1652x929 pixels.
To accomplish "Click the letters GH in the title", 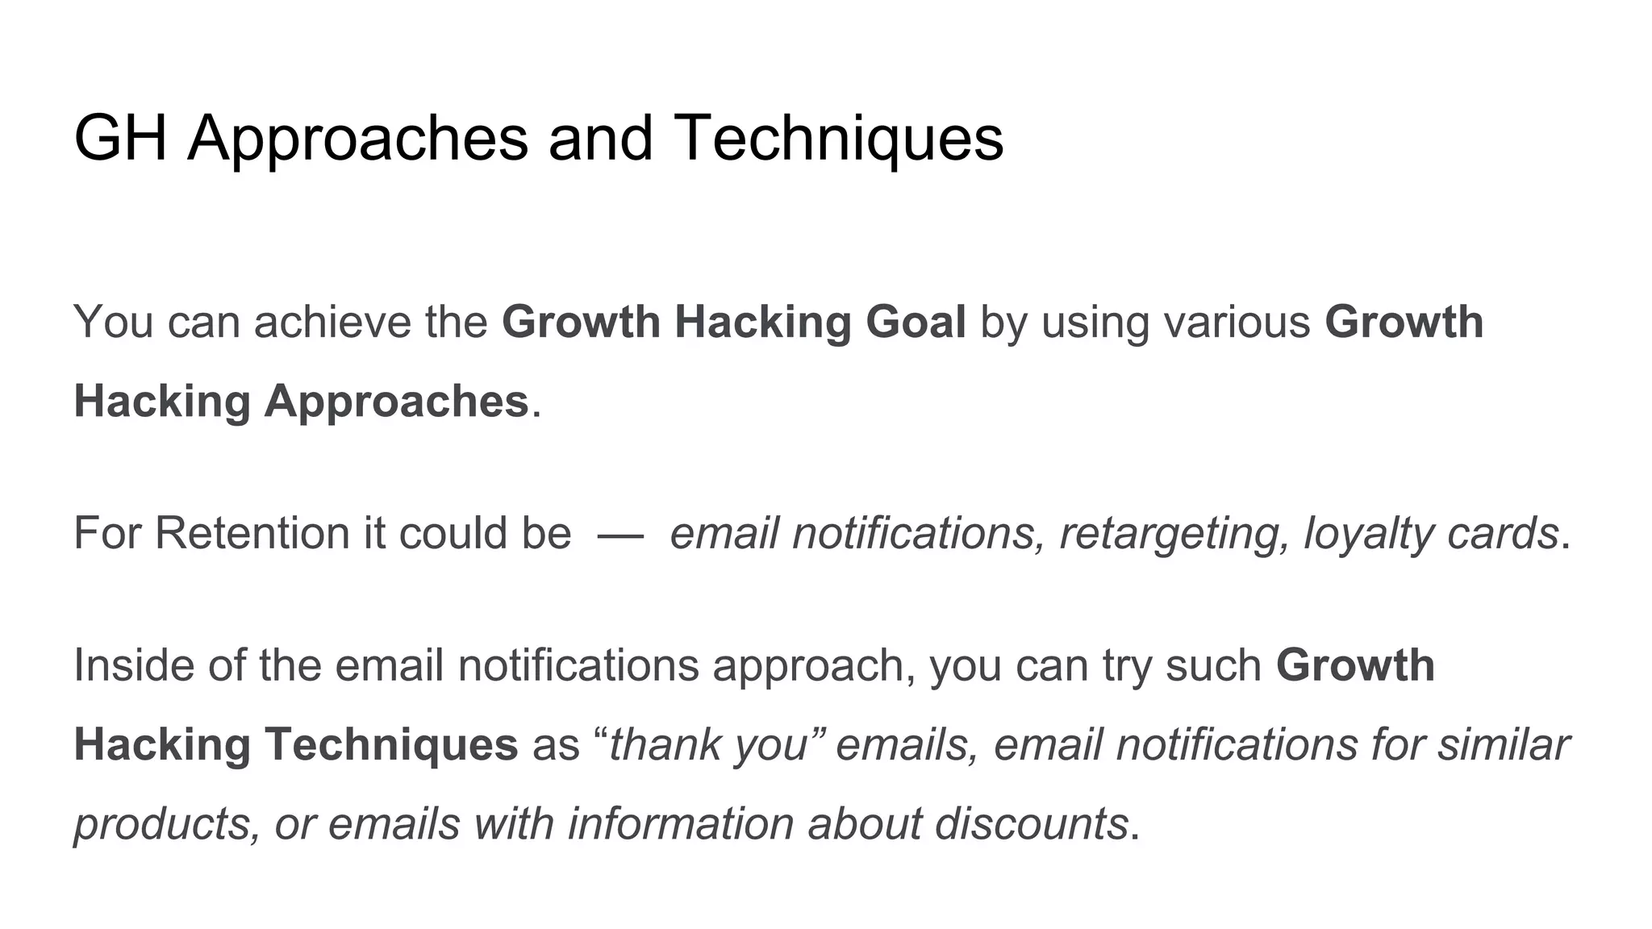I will (x=120, y=138).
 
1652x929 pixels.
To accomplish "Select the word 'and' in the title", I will (x=600, y=138).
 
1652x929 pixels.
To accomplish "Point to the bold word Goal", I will (x=916, y=322).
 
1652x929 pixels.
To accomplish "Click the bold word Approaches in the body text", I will (x=396, y=401).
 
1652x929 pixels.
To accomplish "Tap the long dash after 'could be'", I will (x=620, y=534).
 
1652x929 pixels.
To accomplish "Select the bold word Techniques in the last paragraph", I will (x=391, y=744).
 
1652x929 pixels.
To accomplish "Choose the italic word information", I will (x=681, y=823).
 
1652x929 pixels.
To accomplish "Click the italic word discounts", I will (x=1031, y=823).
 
